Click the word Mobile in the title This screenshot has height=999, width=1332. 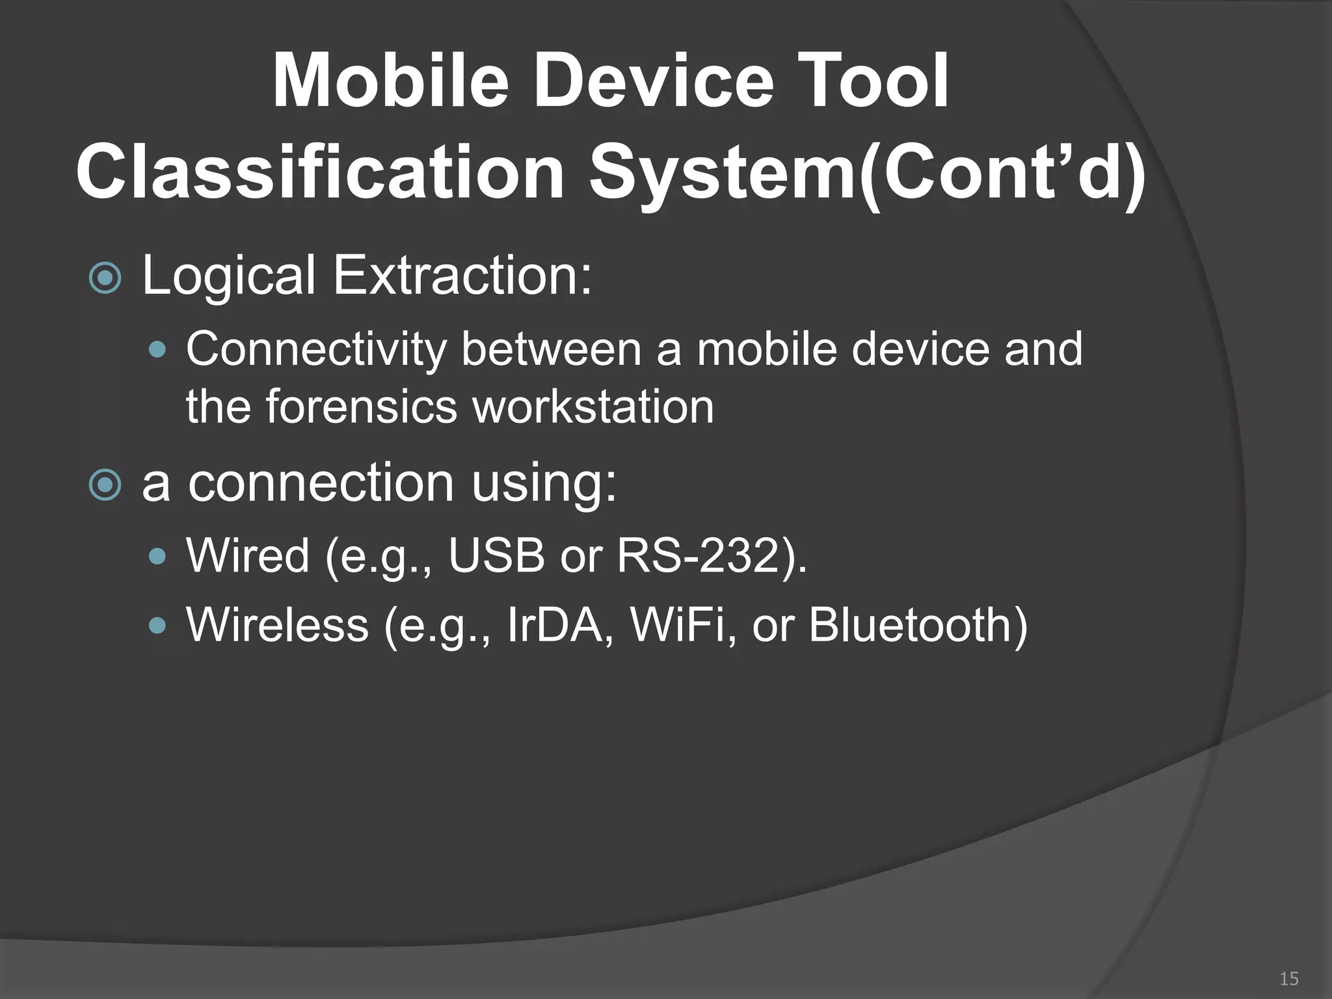(390, 81)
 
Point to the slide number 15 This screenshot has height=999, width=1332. (1288, 978)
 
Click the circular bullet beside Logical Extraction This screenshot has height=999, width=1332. (105, 278)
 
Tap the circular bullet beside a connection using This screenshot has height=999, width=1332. (105, 485)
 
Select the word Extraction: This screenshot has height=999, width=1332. (462, 276)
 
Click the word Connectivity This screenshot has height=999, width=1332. (316, 350)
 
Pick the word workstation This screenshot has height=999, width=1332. (593, 407)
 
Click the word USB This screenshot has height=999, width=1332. (496, 556)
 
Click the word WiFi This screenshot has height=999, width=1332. (677, 626)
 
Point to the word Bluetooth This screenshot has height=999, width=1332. (911, 626)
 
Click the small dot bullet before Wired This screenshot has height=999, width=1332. (157, 557)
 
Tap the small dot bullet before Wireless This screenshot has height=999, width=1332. (157, 626)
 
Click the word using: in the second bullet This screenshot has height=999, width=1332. (544, 484)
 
